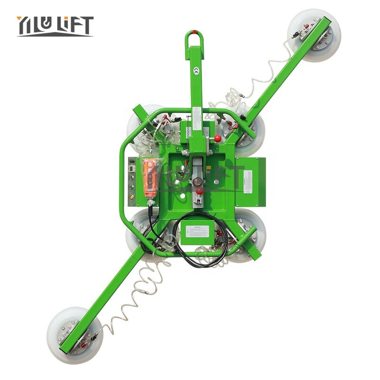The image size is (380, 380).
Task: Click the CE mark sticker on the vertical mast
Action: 196,70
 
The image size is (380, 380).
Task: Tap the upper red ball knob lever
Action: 218,139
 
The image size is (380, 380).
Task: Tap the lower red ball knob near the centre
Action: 200,191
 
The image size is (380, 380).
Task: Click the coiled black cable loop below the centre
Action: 199,247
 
